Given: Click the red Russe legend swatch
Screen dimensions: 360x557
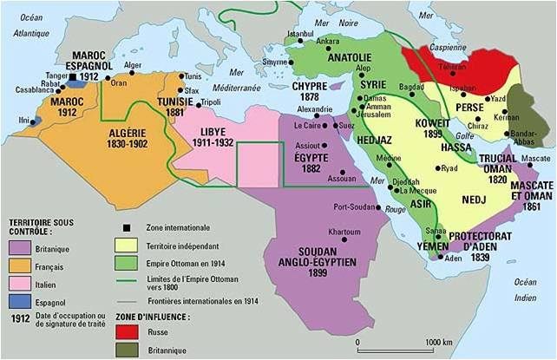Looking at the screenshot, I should tap(127, 331).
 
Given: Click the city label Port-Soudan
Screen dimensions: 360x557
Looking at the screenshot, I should tap(353, 206).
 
